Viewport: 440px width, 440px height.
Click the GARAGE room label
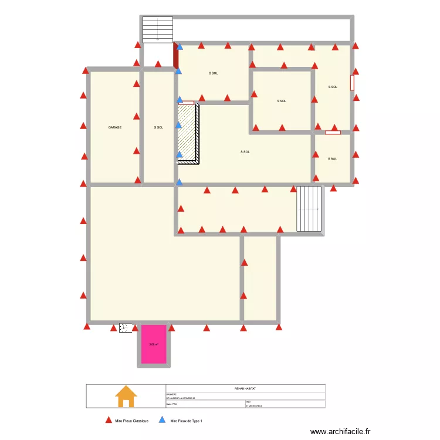[x=115, y=127]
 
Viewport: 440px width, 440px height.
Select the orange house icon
[x=126, y=396]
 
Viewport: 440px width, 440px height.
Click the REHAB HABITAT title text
[x=245, y=388]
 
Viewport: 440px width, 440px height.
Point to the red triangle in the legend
[x=108, y=420]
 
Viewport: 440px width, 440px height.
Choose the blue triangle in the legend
[x=163, y=420]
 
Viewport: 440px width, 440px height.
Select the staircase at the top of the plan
[x=158, y=29]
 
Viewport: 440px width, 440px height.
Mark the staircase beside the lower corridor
[x=310, y=209]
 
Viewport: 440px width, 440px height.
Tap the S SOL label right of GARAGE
[x=158, y=127]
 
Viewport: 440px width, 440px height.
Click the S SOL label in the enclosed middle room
[x=282, y=101]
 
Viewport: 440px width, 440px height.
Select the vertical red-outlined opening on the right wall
[x=353, y=83]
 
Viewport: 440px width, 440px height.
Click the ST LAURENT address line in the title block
[x=183, y=399]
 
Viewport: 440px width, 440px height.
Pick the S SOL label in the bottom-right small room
[x=333, y=159]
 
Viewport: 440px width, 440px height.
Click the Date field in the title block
[x=172, y=405]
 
